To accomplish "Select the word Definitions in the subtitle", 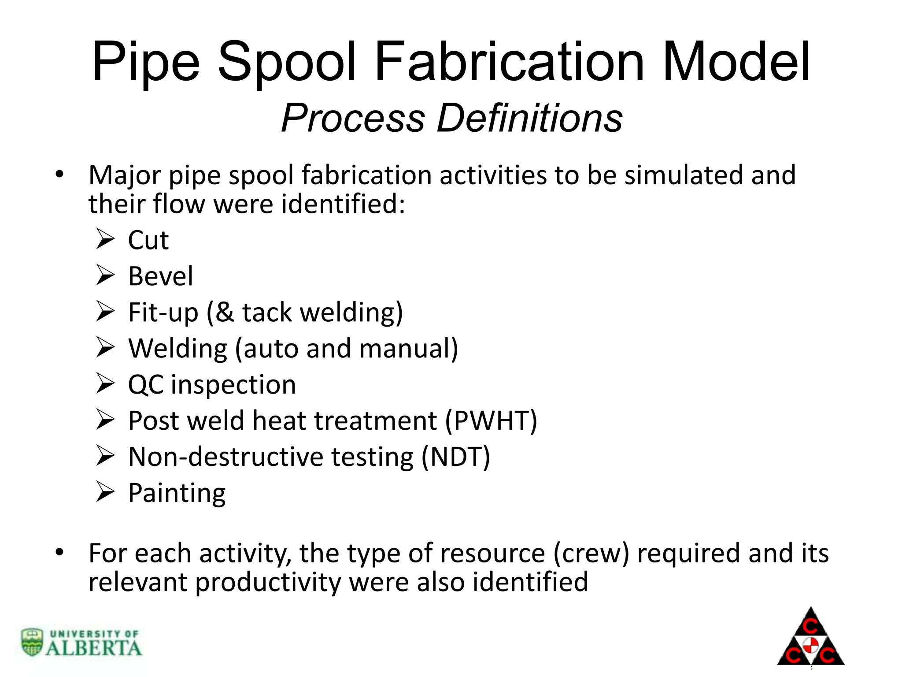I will click(529, 118).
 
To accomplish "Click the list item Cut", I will click(148, 240).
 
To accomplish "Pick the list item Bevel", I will click(160, 276).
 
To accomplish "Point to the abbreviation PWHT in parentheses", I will click(491, 420).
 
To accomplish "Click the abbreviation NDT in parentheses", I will click(455, 457).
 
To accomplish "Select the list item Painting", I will click(177, 493).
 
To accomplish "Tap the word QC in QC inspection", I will click(145, 385).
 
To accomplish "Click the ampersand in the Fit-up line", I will click(225, 312).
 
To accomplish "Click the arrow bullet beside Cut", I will click(105, 240).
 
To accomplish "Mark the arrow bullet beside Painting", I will click(105, 492).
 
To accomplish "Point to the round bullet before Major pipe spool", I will click(59, 175).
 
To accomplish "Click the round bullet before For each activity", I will click(59, 552).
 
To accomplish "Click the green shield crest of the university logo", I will click(32, 642).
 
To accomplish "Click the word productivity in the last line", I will click(268, 582).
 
